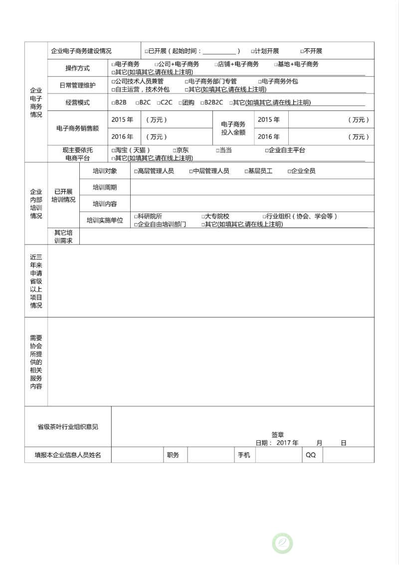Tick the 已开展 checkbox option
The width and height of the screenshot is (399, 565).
(x=146, y=51)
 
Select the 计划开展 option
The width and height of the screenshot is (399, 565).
(x=253, y=51)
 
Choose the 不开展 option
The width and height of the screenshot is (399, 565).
(x=302, y=51)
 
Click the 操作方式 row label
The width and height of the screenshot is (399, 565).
(x=78, y=68)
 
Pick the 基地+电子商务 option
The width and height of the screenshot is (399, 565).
(x=276, y=64)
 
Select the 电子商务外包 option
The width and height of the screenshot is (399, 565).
(x=260, y=81)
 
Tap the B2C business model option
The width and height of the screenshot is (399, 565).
(x=137, y=103)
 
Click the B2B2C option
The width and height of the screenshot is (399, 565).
(x=202, y=103)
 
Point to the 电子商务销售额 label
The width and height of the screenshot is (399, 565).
(x=77, y=128)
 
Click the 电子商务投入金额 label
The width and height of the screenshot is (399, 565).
(x=233, y=128)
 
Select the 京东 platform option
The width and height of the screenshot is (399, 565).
(x=175, y=150)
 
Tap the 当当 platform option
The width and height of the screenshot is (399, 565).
(x=217, y=150)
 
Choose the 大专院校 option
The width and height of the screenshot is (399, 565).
(x=203, y=217)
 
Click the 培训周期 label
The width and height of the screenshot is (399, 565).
(x=105, y=187)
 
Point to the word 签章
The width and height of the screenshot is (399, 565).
(x=278, y=435)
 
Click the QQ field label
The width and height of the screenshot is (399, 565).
(x=311, y=455)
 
